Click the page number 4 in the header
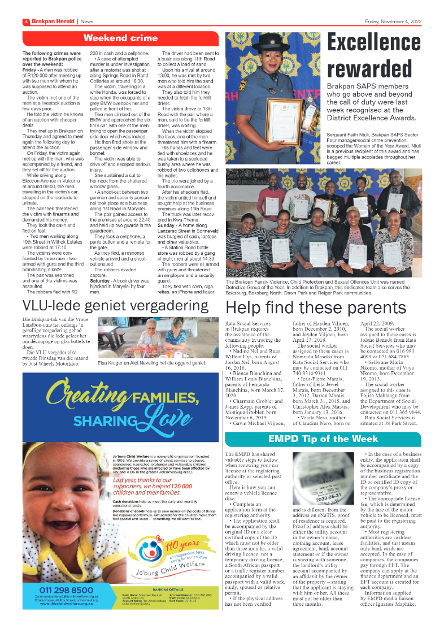coord(25,21)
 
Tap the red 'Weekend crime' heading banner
coord(120,38)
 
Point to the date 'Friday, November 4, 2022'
coord(394,21)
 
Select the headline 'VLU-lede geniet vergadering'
coord(115,306)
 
